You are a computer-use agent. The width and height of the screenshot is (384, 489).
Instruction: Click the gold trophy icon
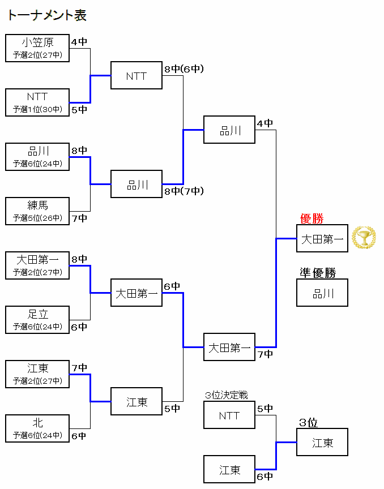364,238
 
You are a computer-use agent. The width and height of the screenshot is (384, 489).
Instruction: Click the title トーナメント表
47,15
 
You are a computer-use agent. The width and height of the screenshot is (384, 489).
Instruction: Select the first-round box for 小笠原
37,48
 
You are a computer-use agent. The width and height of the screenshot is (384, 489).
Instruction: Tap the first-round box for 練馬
37,211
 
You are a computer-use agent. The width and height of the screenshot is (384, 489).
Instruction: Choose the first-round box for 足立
37,320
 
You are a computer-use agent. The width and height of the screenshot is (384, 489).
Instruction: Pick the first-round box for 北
37,428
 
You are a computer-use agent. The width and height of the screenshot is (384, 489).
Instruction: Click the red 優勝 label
312,218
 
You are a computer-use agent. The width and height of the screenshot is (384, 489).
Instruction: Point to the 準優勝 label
318,273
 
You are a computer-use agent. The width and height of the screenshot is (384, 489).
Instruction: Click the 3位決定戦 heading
226,395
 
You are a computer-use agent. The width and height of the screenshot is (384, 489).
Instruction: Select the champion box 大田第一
322,238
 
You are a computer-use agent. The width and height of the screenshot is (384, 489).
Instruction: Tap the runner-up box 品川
322,293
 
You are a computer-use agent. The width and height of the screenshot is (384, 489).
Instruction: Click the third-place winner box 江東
322,442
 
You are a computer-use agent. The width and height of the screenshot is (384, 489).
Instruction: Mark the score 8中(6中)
184,69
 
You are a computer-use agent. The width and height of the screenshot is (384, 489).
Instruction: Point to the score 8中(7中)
184,191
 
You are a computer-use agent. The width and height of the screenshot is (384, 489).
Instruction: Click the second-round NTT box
136,75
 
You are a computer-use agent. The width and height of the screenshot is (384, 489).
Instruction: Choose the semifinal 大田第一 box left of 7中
229,347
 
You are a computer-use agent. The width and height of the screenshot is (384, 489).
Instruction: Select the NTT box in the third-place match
229,415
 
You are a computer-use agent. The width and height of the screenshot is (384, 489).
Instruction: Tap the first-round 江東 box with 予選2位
37,374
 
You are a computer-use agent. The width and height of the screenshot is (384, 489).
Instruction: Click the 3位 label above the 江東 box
308,422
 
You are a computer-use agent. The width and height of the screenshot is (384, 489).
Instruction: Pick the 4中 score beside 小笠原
79,42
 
